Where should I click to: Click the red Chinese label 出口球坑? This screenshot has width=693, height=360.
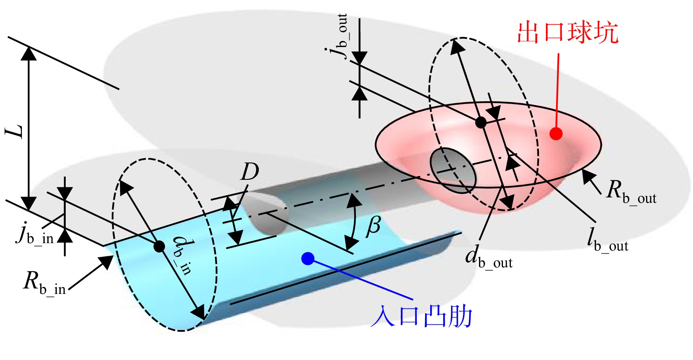[x=567, y=32]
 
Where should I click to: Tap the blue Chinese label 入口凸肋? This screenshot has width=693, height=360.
[x=421, y=317]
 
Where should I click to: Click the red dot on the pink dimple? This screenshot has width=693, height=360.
[x=556, y=134]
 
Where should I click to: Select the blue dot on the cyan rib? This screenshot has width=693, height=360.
[x=308, y=258]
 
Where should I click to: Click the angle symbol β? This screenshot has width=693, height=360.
[x=373, y=227]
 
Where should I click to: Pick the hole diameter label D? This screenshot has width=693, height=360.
[x=250, y=172]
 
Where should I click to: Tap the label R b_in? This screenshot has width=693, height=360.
[x=44, y=282]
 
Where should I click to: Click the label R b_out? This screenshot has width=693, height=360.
[x=631, y=192]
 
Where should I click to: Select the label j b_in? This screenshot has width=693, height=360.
[x=35, y=233]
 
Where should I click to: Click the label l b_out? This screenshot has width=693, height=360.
[x=607, y=239]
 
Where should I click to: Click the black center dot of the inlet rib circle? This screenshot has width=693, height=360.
[x=159, y=246]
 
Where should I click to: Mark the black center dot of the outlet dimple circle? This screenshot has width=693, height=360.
[x=481, y=122]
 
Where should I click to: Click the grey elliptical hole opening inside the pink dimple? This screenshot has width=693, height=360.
[x=453, y=170]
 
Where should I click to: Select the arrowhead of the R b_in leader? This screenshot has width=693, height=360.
[x=106, y=261]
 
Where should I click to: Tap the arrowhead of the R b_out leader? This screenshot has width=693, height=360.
[x=588, y=176]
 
